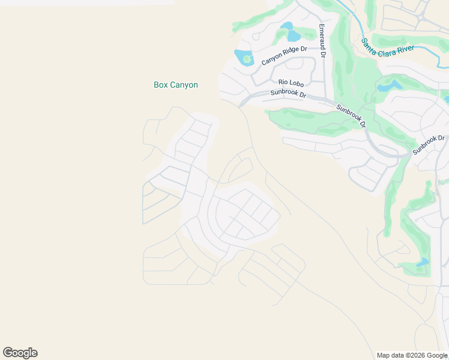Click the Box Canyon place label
[176, 85]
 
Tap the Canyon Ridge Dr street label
[284, 55]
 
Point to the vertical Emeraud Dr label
[322, 40]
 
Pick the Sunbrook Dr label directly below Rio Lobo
[288, 94]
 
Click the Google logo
[20, 353]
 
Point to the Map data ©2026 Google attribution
[412, 355]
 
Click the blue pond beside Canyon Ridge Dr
[244, 58]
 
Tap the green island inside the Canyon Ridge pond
[247, 59]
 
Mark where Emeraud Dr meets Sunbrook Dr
[325, 100]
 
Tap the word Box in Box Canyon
[160, 85]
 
